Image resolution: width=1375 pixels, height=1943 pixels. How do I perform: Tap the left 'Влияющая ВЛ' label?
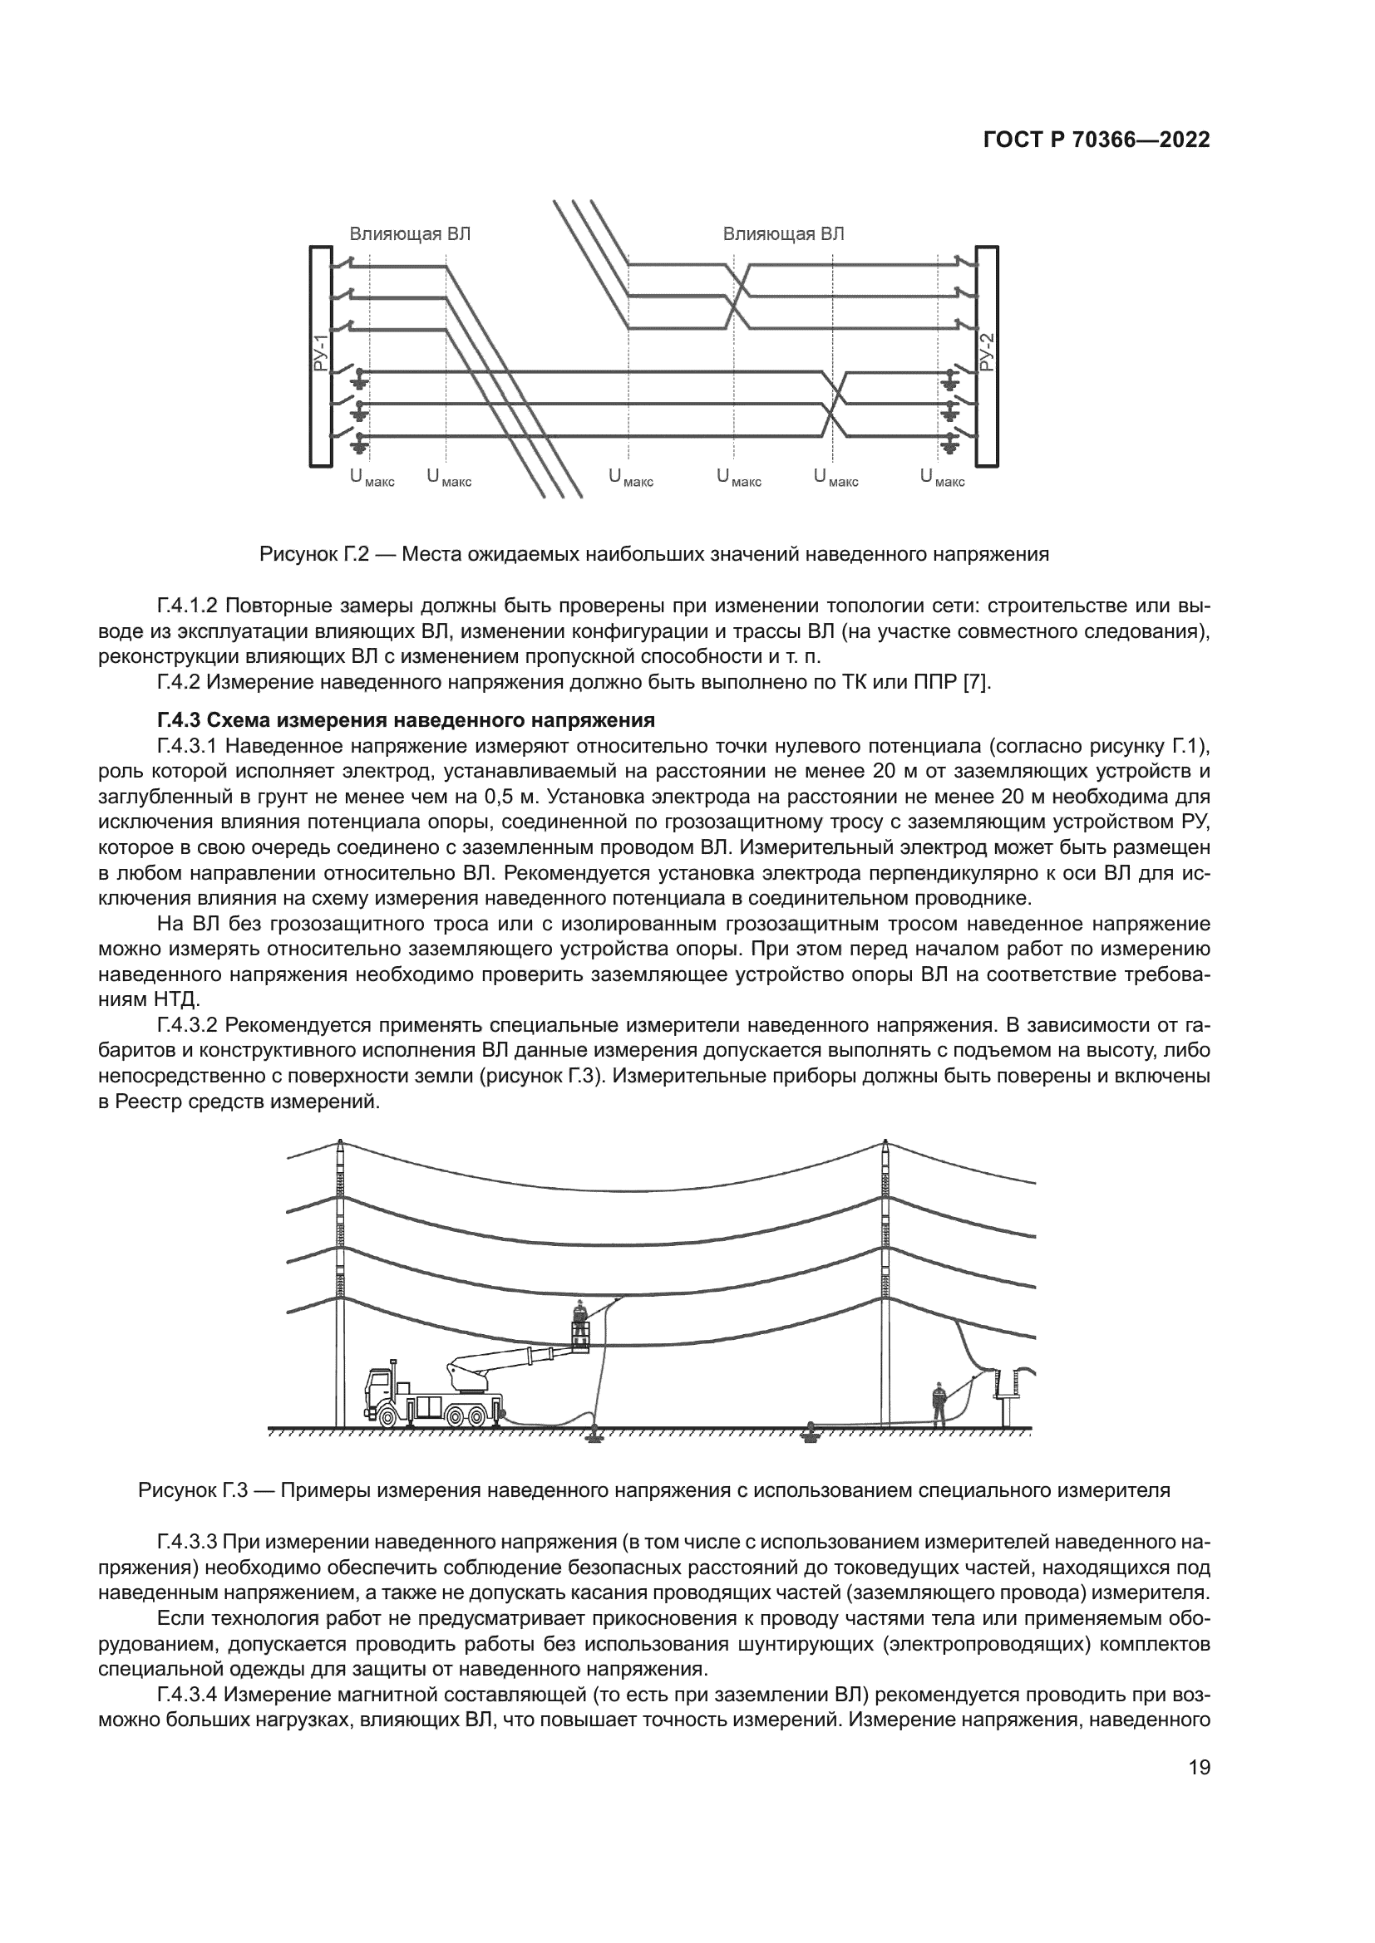tap(410, 234)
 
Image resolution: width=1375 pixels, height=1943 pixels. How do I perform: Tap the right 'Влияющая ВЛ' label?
tap(783, 234)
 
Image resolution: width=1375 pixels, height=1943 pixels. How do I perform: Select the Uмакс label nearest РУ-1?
tap(372, 479)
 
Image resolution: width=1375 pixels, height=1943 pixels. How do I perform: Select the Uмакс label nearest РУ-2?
tap(942, 479)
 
